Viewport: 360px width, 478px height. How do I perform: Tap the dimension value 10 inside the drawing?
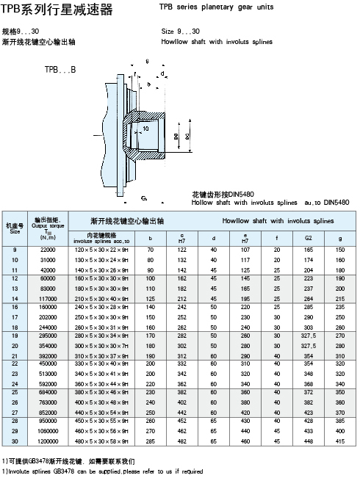click(x=145, y=128)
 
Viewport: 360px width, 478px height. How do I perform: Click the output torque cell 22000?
click(x=48, y=251)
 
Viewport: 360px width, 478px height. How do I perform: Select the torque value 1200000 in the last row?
click(x=48, y=443)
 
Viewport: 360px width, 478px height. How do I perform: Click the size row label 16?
click(x=15, y=306)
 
